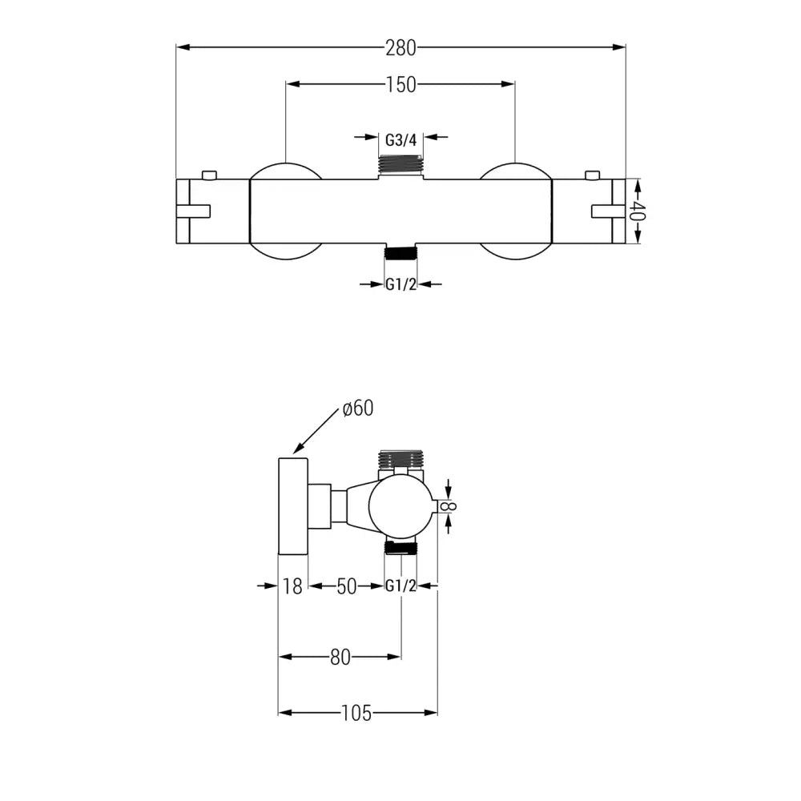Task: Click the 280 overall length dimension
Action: click(x=400, y=47)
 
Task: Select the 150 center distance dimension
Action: click(x=400, y=84)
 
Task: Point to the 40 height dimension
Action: click(x=638, y=211)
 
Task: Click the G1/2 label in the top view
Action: click(x=400, y=284)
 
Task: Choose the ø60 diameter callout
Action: click(x=357, y=409)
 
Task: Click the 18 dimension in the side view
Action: click(x=293, y=586)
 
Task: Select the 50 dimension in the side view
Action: click(x=346, y=586)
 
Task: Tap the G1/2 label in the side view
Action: click(x=400, y=586)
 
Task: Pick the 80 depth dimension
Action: click(x=340, y=657)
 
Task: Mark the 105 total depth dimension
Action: click(x=356, y=712)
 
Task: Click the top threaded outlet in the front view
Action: click(x=400, y=163)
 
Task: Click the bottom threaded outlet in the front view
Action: click(x=400, y=253)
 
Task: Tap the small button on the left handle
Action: click(x=210, y=175)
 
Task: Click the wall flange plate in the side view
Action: click(x=293, y=505)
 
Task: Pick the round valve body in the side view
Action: click(x=400, y=506)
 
